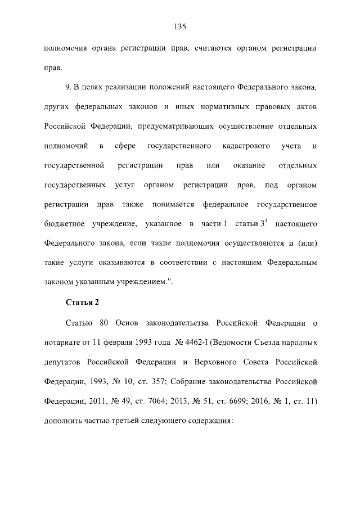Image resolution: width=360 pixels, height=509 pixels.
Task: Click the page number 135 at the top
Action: (x=180, y=26)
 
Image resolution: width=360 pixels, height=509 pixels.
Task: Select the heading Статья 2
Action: (x=82, y=302)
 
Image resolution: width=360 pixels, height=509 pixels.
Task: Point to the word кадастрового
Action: (x=245, y=146)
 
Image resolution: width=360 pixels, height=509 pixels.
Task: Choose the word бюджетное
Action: (x=61, y=225)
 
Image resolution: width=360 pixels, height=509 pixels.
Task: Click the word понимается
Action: (x=172, y=205)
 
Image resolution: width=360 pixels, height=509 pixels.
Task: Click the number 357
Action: (x=157, y=381)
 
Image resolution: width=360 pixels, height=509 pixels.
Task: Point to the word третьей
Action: (x=137, y=420)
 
